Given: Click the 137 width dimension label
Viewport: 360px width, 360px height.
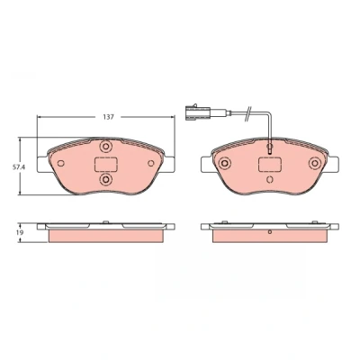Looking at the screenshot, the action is pos(108,117).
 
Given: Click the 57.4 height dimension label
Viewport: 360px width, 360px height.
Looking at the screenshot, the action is pos(18,167).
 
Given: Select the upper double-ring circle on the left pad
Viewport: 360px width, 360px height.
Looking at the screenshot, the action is pos(106,147).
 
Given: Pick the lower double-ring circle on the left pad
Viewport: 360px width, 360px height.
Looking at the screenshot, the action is pos(106,179).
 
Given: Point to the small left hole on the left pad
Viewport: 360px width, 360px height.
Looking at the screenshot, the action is pos(61,164).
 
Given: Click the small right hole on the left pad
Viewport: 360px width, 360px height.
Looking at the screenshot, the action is pos(151,164).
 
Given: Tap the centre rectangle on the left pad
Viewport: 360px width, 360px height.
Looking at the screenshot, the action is pos(106,165).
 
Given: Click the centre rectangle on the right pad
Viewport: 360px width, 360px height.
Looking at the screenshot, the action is pos(270,165).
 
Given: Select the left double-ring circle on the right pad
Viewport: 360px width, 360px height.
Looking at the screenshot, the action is pos(225,163).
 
